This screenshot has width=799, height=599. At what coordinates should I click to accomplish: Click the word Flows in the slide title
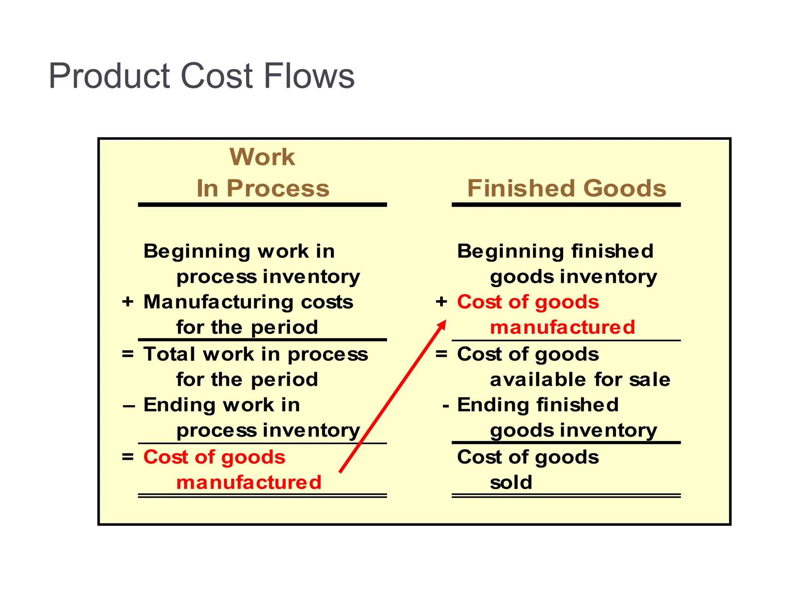point(309,76)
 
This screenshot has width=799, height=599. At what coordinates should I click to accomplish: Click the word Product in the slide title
point(109,76)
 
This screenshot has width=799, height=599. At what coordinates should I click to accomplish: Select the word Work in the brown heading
point(262,157)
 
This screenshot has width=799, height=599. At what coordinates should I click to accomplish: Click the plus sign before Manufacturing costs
point(128,302)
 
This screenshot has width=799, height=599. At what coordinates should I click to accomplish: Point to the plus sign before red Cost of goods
point(441,301)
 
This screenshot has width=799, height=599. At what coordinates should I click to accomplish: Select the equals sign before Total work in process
point(128,354)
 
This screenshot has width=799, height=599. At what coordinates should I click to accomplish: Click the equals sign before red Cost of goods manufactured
point(128,457)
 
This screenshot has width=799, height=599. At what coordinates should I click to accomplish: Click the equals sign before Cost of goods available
point(441,354)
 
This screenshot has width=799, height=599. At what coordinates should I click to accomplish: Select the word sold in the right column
point(511,482)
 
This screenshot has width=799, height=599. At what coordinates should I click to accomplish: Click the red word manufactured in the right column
point(563,327)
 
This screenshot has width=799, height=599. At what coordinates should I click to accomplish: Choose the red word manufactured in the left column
point(249,482)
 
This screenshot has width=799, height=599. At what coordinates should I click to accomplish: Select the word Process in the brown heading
point(278,188)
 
